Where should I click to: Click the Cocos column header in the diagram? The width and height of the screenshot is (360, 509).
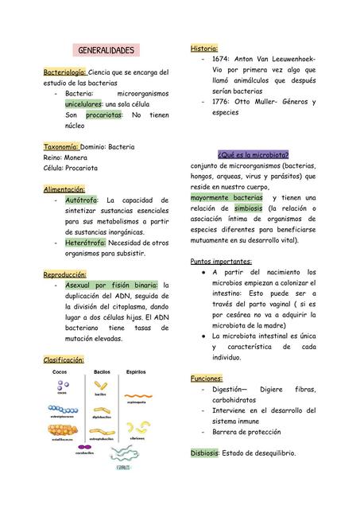(x=60, y=372)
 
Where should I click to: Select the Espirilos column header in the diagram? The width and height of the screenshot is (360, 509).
(x=136, y=372)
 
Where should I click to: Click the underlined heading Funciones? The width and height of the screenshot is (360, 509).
(x=207, y=379)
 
